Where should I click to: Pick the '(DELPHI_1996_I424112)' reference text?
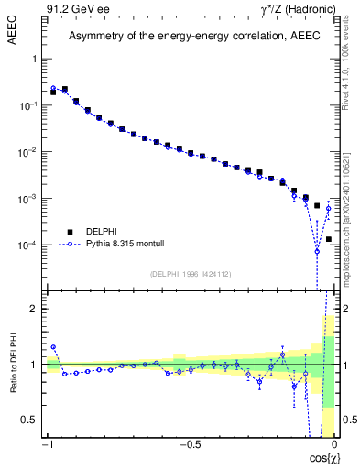tap(191, 274)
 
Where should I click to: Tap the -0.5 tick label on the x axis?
tap(189, 443)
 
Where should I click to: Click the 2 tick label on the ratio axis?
tap(34, 309)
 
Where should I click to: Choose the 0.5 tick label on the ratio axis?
tap(30, 420)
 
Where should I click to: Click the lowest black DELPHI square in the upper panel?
tap(329, 239)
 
